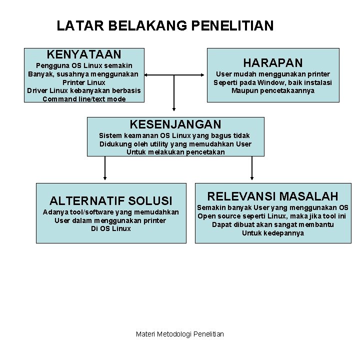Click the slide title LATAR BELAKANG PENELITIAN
coord(165,25)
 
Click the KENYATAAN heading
coord(84,54)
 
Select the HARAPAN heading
coord(272,62)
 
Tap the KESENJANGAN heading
coord(175,124)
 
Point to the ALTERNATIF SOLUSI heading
coord(111,201)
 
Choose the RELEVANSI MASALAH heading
coord(273,196)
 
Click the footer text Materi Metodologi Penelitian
coord(180,333)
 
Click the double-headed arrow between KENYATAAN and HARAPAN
coord(175,75)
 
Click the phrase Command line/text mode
coord(84,99)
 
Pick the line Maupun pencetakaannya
coord(273,90)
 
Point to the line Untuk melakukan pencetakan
coord(175,152)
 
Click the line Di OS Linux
coord(111,228)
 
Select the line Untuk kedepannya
coord(273,233)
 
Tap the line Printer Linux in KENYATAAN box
coord(84,82)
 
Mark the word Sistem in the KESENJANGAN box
coord(109,135)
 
